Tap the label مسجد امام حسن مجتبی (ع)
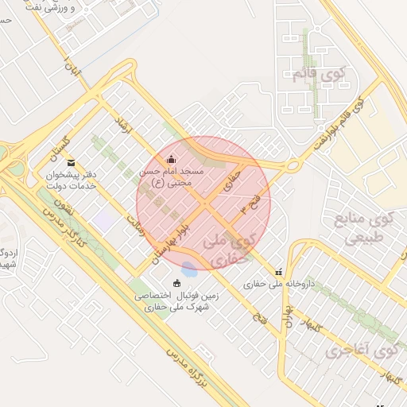[x=172, y=176]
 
